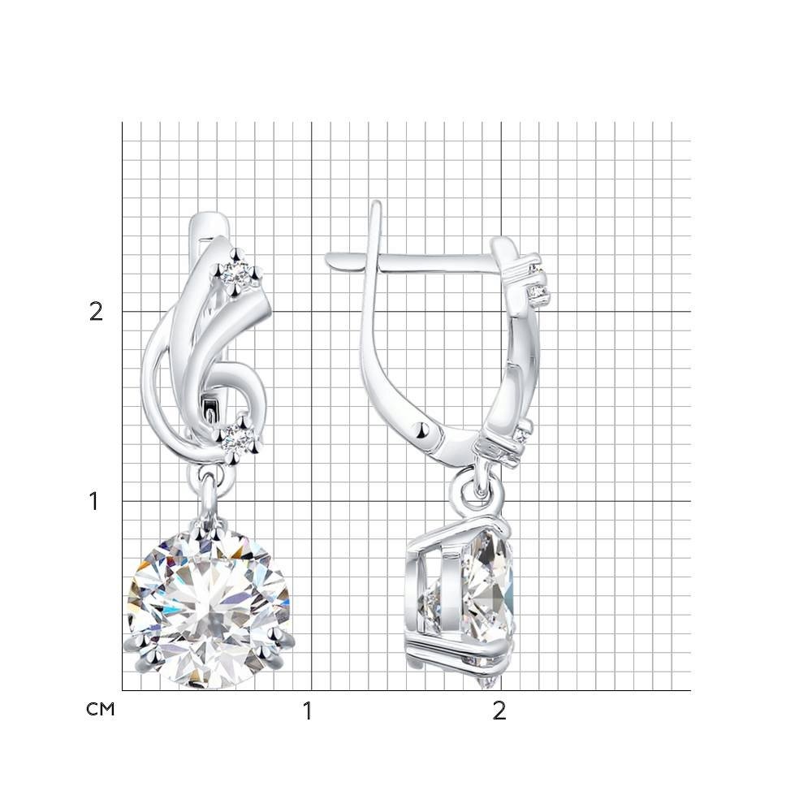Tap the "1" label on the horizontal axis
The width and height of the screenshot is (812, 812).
tap(308, 711)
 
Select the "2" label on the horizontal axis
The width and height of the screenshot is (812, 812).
tap(499, 711)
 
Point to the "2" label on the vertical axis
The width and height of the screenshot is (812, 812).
tap(97, 312)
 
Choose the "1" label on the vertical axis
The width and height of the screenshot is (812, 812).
tap(93, 501)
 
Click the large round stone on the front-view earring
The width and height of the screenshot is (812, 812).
tap(209, 606)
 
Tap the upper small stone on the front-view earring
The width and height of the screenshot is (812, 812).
tap(235, 273)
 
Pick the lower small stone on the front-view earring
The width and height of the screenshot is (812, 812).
tap(237, 438)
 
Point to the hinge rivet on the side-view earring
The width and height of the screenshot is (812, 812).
tap(421, 429)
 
